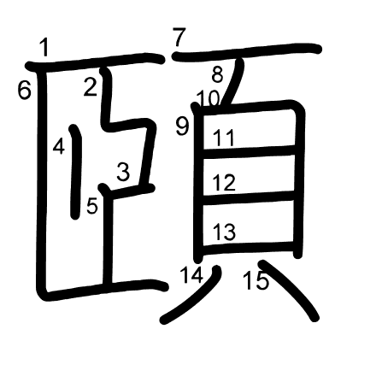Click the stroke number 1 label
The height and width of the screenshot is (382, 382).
click(44, 47)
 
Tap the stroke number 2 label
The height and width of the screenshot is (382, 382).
click(91, 87)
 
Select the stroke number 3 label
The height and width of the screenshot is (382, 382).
click(123, 171)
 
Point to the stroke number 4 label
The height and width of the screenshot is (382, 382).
click(59, 148)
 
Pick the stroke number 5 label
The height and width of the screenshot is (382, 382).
click(92, 205)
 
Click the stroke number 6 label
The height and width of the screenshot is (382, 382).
click(24, 90)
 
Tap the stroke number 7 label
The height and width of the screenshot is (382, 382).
click(179, 37)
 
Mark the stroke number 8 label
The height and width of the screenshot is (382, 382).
click(217, 74)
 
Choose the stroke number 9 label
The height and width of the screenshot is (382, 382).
click(182, 126)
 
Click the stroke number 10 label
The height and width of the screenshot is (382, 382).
click(209, 98)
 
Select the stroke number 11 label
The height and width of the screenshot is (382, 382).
click(224, 138)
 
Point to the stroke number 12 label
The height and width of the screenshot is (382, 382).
click(224, 182)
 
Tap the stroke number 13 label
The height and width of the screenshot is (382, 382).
click(225, 232)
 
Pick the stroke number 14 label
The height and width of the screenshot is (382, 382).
click(192, 274)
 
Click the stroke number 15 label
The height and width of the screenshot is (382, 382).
click(256, 280)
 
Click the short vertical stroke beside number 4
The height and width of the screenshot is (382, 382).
click(76, 172)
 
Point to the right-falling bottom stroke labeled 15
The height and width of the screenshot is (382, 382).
click(290, 288)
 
